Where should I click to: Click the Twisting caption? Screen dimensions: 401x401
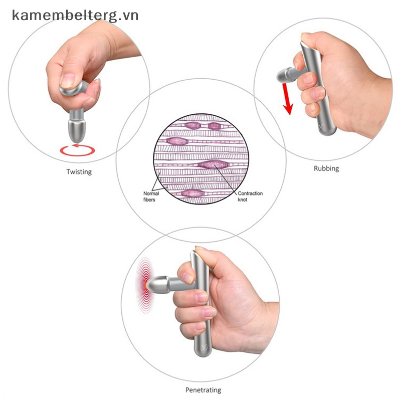pos(79,171)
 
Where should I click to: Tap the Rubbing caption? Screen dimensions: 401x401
pos(326,168)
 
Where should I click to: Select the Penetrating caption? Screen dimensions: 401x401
pos(203,390)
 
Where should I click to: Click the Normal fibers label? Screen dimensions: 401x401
pos(151,196)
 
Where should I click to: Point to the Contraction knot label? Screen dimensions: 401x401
pos(250,196)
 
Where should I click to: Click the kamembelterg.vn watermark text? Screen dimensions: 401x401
pos(75,16)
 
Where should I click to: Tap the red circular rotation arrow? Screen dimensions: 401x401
pos(78,150)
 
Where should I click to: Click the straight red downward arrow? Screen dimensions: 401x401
pos(286,99)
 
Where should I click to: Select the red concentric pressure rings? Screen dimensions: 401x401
pos(145,285)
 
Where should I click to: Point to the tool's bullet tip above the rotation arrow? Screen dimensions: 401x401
pos(77,130)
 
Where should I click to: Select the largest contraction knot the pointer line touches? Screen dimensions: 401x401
pos(212,164)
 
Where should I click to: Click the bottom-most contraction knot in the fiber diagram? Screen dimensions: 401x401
pos(193,193)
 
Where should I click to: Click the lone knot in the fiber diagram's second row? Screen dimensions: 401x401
pos(177,141)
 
